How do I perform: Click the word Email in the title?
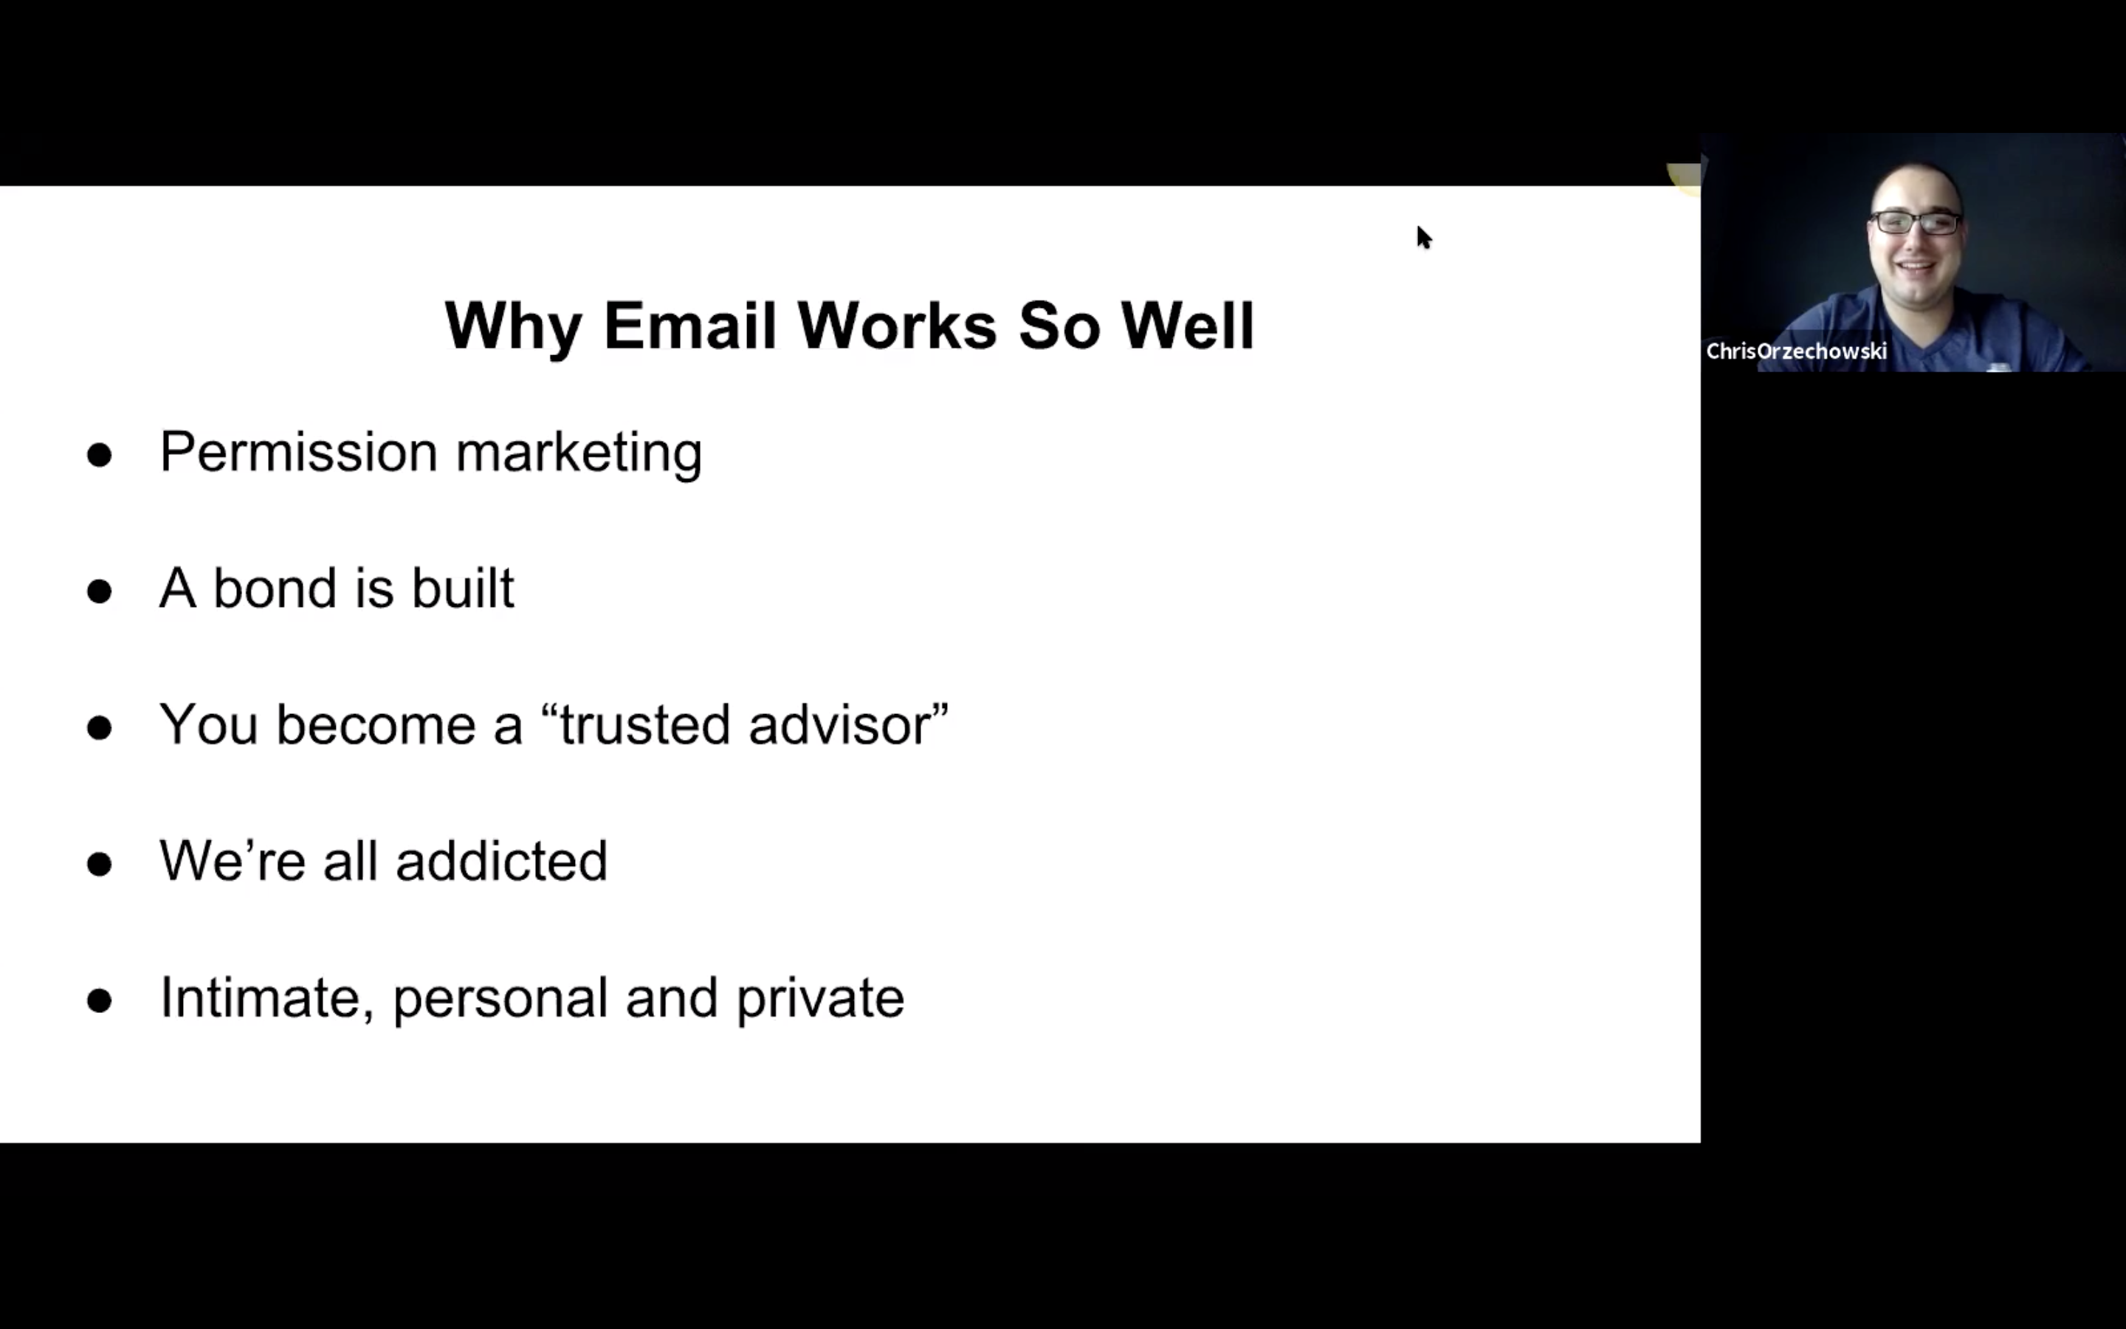point(689,326)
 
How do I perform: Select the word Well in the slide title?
point(1187,326)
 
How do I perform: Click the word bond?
point(275,587)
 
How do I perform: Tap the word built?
point(463,587)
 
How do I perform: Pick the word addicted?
point(502,860)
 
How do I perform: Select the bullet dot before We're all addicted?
point(99,864)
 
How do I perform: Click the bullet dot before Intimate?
point(99,1001)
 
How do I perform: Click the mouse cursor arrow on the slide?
point(1423,237)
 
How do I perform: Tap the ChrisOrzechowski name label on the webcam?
point(1797,351)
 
